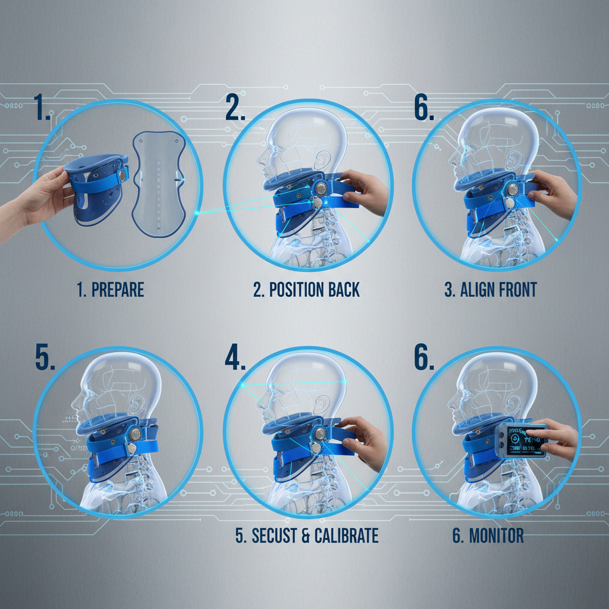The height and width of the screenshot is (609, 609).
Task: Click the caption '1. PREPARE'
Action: [110, 290]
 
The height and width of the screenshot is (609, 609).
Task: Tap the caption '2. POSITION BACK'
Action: [306, 290]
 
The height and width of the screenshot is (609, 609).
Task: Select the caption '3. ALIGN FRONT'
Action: [490, 290]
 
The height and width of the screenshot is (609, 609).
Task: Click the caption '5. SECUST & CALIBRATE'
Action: [306, 535]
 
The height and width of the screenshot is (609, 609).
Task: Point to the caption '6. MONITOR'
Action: [488, 535]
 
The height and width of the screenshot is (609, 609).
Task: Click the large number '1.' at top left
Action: [42, 109]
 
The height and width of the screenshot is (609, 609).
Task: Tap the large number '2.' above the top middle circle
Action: [235, 109]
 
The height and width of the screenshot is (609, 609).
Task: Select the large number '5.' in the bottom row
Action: [45, 357]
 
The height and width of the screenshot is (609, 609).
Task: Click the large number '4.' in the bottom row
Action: [236, 357]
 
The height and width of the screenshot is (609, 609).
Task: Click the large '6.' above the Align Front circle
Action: [424, 109]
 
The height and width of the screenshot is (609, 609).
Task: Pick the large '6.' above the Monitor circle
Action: [424, 357]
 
